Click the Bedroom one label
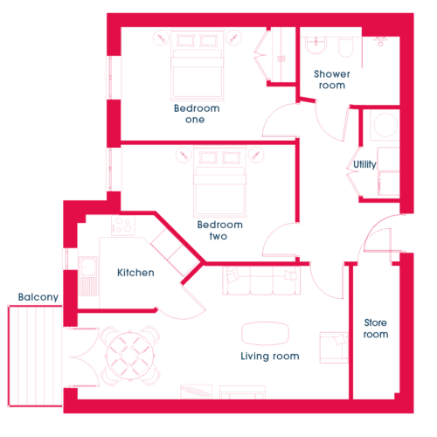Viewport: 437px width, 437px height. coord(197,114)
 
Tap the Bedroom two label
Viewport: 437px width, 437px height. coord(219,230)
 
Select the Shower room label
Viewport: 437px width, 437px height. coord(332,80)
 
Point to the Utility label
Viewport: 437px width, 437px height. coord(364,164)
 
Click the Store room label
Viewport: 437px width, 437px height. coord(376,329)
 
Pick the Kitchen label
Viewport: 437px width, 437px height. coord(135,273)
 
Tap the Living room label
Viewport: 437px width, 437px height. coord(270,357)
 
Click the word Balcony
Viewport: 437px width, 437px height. coord(38,297)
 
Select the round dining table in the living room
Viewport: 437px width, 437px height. coord(130,356)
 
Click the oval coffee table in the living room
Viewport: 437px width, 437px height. coord(265,334)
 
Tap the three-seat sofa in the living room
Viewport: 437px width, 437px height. coord(261,281)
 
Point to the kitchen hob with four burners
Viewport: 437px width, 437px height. coord(123,225)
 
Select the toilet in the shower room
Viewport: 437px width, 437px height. coord(346,46)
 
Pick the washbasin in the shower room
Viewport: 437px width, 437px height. coord(316,45)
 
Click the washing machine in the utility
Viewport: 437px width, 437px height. coord(385,125)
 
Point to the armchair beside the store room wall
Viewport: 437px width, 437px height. coord(334,348)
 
